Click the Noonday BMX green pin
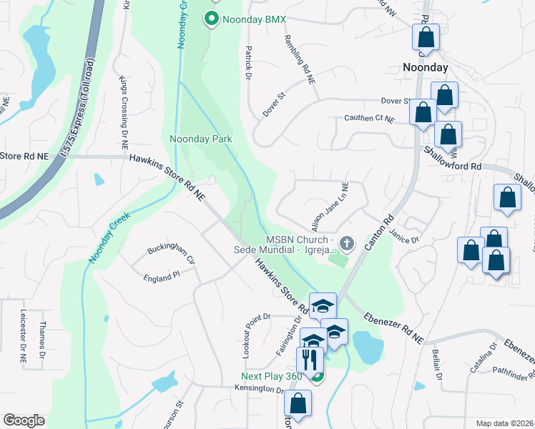tap(212, 19)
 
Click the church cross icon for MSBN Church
tap(347, 244)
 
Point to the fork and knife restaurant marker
tap(309, 358)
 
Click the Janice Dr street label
tap(404, 236)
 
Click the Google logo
tap(24, 420)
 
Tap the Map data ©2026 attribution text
tap(504, 423)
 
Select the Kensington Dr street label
tap(260, 390)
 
